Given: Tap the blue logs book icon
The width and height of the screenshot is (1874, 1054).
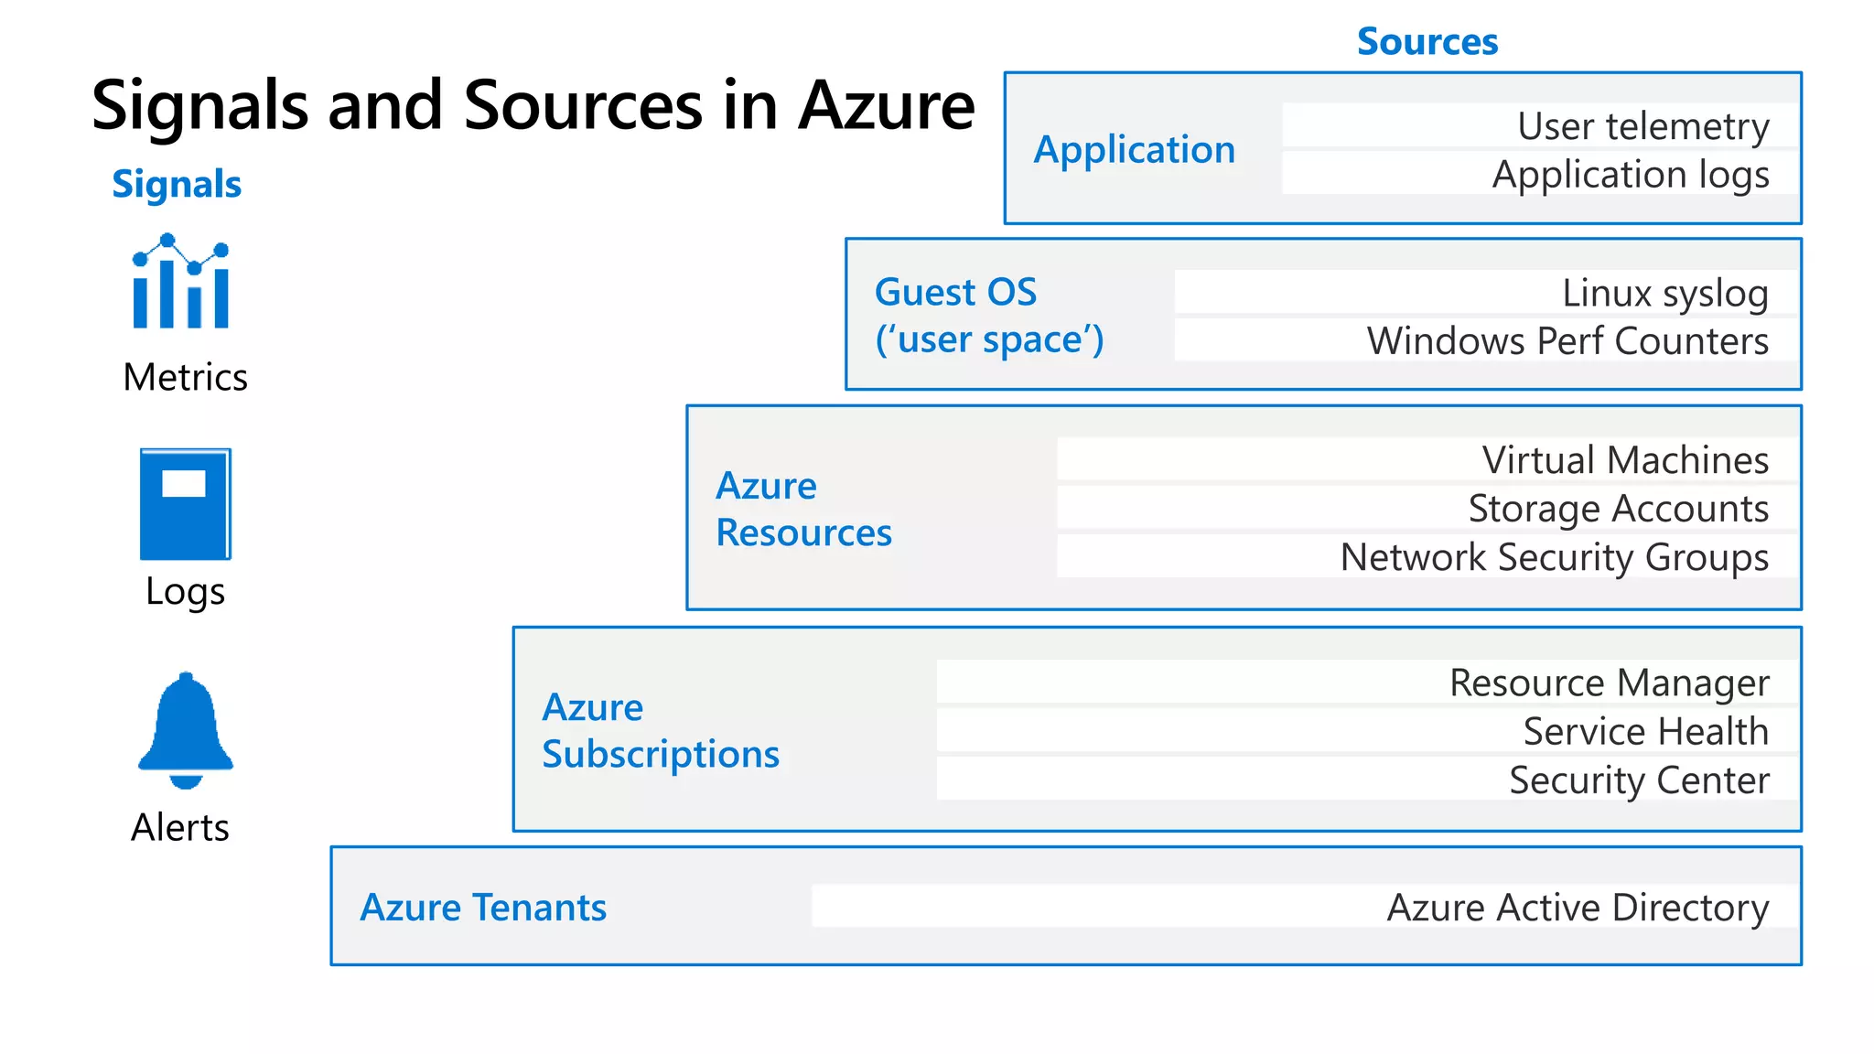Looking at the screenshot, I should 185,503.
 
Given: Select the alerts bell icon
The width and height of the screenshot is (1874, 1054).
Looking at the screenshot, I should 186,730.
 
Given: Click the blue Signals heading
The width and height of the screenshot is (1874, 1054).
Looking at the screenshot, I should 177,184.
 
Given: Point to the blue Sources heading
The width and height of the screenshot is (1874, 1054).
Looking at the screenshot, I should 1427,42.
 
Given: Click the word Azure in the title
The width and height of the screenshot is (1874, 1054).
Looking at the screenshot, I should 886,106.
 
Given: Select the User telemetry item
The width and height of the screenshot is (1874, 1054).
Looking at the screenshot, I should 1642,126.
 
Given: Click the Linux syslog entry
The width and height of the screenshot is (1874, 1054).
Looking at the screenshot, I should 1664,294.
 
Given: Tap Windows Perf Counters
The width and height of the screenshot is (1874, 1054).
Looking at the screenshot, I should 1567,341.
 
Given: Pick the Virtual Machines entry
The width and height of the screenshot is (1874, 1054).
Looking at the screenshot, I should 1624,460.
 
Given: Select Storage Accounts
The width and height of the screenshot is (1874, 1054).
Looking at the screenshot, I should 1618,509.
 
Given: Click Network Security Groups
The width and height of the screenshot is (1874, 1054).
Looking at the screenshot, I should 1554,557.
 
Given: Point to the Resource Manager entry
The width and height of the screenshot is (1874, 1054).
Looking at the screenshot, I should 1609,683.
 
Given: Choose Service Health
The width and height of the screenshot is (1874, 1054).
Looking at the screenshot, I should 1644,731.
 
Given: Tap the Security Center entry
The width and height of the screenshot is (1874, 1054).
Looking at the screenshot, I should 1638,780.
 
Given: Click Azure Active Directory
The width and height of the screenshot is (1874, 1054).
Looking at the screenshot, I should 1577,908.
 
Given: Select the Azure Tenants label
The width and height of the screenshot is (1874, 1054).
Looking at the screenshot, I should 483,908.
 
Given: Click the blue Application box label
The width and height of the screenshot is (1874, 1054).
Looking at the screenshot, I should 1134,149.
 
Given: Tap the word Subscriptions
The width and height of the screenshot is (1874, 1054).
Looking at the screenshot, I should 660,755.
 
